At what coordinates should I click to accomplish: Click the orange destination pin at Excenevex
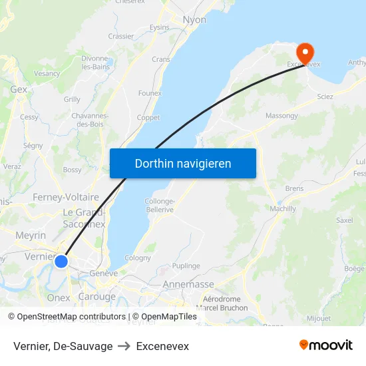click(305, 52)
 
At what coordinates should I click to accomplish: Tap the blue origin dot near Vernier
click(61, 262)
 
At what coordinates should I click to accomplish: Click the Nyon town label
click(194, 20)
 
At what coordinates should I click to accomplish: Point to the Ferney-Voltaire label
click(66, 197)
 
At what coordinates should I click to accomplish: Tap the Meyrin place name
click(31, 236)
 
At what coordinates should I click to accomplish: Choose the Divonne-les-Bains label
click(95, 62)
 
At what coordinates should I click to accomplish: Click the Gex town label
click(19, 89)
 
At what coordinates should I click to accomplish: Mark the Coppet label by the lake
click(148, 118)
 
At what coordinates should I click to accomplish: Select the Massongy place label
click(281, 116)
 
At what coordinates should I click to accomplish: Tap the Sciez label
click(325, 96)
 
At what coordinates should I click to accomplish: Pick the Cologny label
click(138, 258)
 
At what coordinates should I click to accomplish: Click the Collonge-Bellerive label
click(160, 206)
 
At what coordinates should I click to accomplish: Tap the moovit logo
click(326, 345)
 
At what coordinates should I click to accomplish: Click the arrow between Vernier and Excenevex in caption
click(124, 347)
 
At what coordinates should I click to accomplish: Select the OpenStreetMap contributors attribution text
click(67, 317)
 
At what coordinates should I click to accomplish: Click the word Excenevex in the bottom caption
click(162, 347)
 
